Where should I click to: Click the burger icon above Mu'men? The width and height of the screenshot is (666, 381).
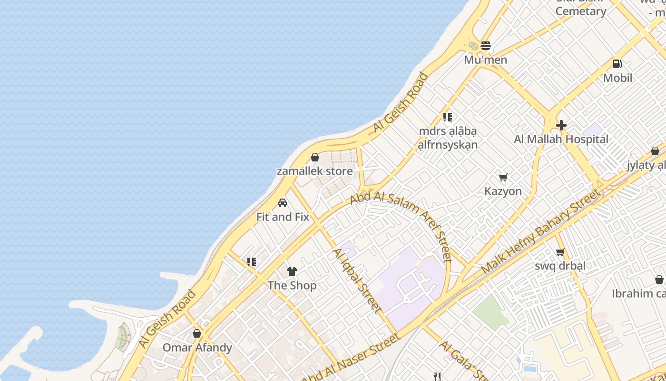coord(486,46)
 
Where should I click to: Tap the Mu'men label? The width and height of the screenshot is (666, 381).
coord(486,60)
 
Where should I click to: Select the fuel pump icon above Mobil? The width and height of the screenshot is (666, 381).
coord(617,63)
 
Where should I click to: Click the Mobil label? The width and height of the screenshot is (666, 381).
coord(617,78)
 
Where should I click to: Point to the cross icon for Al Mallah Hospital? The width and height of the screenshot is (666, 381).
coord(561,125)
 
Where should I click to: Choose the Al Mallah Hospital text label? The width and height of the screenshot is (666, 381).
coord(561,140)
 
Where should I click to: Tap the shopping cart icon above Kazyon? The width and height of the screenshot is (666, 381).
coord(503,178)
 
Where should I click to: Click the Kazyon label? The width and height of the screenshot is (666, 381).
coord(503,191)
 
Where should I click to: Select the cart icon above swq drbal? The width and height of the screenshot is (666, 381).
coord(560,252)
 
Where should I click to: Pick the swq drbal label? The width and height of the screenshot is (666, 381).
coord(560,266)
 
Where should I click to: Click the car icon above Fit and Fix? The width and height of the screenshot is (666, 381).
coord(283,203)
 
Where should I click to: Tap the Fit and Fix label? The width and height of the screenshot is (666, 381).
coord(283,217)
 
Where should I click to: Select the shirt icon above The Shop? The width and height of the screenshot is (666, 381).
coord(292,271)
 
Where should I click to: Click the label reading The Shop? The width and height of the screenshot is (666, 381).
coord(292,286)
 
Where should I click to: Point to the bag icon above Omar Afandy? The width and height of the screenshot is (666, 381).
coord(197,333)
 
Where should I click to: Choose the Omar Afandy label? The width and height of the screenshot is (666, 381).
coord(197,348)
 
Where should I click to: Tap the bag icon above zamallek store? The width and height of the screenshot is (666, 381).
coord(314,157)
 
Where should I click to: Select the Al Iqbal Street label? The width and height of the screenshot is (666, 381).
coord(357,281)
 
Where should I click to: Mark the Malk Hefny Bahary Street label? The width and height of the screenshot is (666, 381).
coord(541,231)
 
